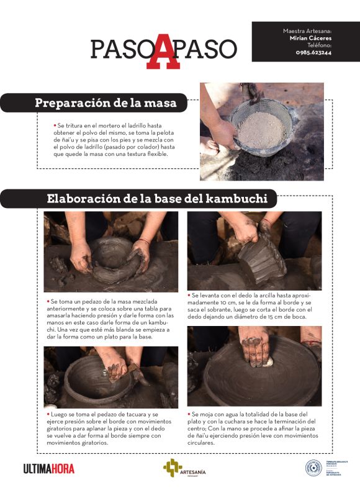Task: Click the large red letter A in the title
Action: pyautogui.click(x=163, y=49)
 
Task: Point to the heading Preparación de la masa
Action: pyautogui.click(x=106, y=103)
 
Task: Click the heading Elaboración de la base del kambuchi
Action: pyautogui.click(x=157, y=199)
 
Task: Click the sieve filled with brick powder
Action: pyautogui.click(x=261, y=127)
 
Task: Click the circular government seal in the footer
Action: pyautogui.click(x=313, y=468)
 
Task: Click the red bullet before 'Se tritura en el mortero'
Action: pyautogui.click(x=55, y=125)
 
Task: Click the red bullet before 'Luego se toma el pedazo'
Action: pyautogui.click(x=47, y=414)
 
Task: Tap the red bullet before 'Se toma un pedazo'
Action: pyautogui.click(x=47, y=301)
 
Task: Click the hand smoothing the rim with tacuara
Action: pyautogui.click(x=115, y=366)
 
